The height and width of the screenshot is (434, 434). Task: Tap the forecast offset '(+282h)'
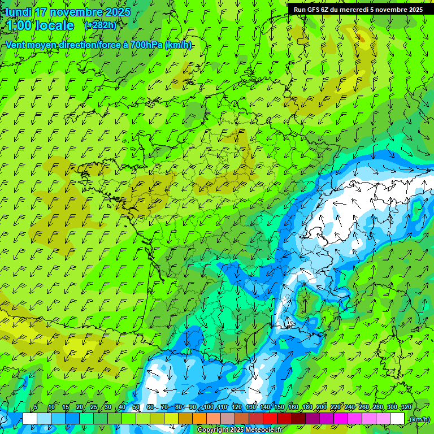[x=100, y=25]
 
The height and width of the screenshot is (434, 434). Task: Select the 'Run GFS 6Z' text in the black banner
[x=311, y=9]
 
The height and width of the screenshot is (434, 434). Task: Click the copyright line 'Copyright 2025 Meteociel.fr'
[x=240, y=430]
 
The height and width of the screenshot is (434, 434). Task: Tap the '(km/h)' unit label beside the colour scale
[x=419, y=419]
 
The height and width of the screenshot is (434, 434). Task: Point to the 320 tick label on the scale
[x=406, y=407]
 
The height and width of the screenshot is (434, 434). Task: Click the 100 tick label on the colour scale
[x=209, y=407]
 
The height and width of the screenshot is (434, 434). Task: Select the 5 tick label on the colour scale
[x=36, y=407]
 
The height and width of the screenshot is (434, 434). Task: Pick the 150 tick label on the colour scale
[x=279, y=407]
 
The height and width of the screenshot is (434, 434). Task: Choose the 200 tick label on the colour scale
[x=322, y=407]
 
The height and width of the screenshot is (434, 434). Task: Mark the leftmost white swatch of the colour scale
[x=30, y=419]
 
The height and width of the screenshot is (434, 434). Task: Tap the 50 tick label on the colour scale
[x=136, y=407]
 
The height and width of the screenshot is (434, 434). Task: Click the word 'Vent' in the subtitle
[x=15, y=45]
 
